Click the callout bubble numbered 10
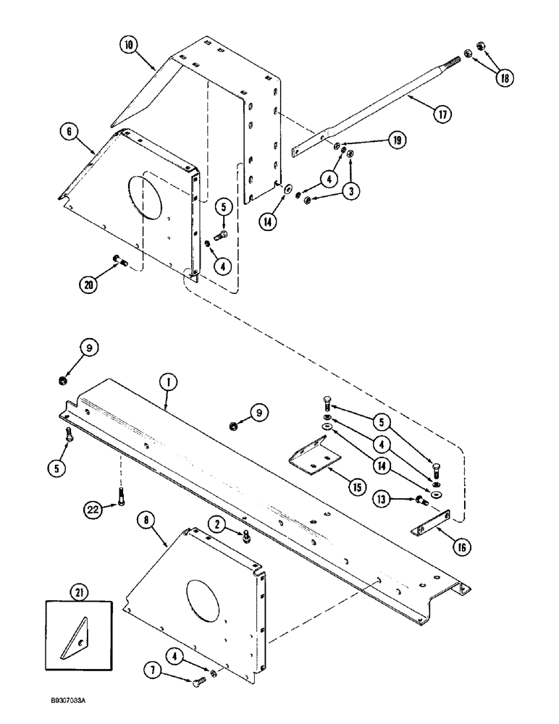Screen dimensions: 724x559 [x=127, y=45]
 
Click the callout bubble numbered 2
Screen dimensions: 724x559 [x=216, y=523]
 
